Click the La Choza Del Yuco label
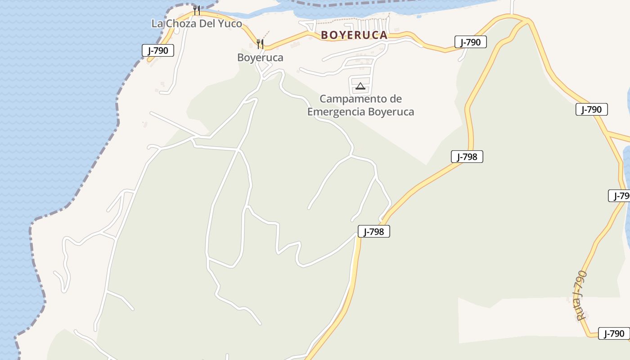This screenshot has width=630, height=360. pos(197,23)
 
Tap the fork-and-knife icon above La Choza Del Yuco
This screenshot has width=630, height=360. pos(197,10)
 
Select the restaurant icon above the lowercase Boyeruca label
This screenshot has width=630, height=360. pos(260,44)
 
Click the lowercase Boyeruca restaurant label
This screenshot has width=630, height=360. pos(260,58)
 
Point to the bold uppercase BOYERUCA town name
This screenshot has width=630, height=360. pos(354,35)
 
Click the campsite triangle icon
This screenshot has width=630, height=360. pos(360,86)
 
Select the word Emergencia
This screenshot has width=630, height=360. pos(336,112)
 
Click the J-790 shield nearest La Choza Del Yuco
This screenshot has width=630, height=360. pos(158,50)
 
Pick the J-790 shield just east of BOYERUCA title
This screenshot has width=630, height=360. pos(471,42)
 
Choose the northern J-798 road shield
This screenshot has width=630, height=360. pos(467,157)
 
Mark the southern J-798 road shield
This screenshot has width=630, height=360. pos(374,231)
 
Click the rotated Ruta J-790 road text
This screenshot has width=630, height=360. pos(581,295)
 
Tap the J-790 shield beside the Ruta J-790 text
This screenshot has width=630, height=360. pos(614,333)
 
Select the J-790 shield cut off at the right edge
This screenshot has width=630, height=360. pos(620,196)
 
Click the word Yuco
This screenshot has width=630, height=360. pos(230,23)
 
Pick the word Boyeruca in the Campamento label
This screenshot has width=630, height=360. pos(391,112)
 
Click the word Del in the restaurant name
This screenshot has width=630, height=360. pos(208,23)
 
